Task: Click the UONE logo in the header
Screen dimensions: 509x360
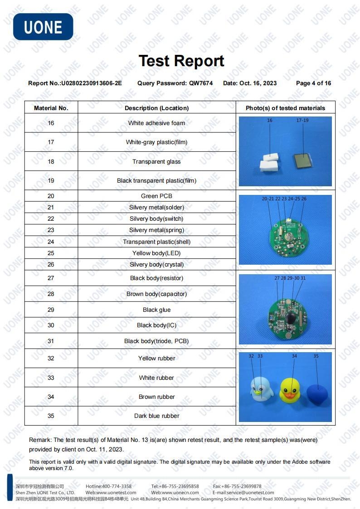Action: [43, 27]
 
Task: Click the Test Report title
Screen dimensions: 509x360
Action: [181, 61]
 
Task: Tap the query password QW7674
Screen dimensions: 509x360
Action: [201, 83]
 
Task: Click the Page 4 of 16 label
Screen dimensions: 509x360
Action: [313, 83]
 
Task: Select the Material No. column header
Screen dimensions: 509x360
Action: [51, 108]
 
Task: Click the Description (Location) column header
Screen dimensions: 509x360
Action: [156, 108]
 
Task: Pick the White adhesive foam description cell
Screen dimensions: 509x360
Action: [156, 123]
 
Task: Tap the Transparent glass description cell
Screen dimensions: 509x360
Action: [156, 161]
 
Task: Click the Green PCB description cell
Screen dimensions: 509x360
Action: [156, 196]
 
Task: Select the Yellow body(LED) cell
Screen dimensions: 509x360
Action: [156, 253]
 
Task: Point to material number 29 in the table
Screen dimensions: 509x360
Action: [51, 310]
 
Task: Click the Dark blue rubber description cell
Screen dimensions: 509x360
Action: [156, 416]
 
